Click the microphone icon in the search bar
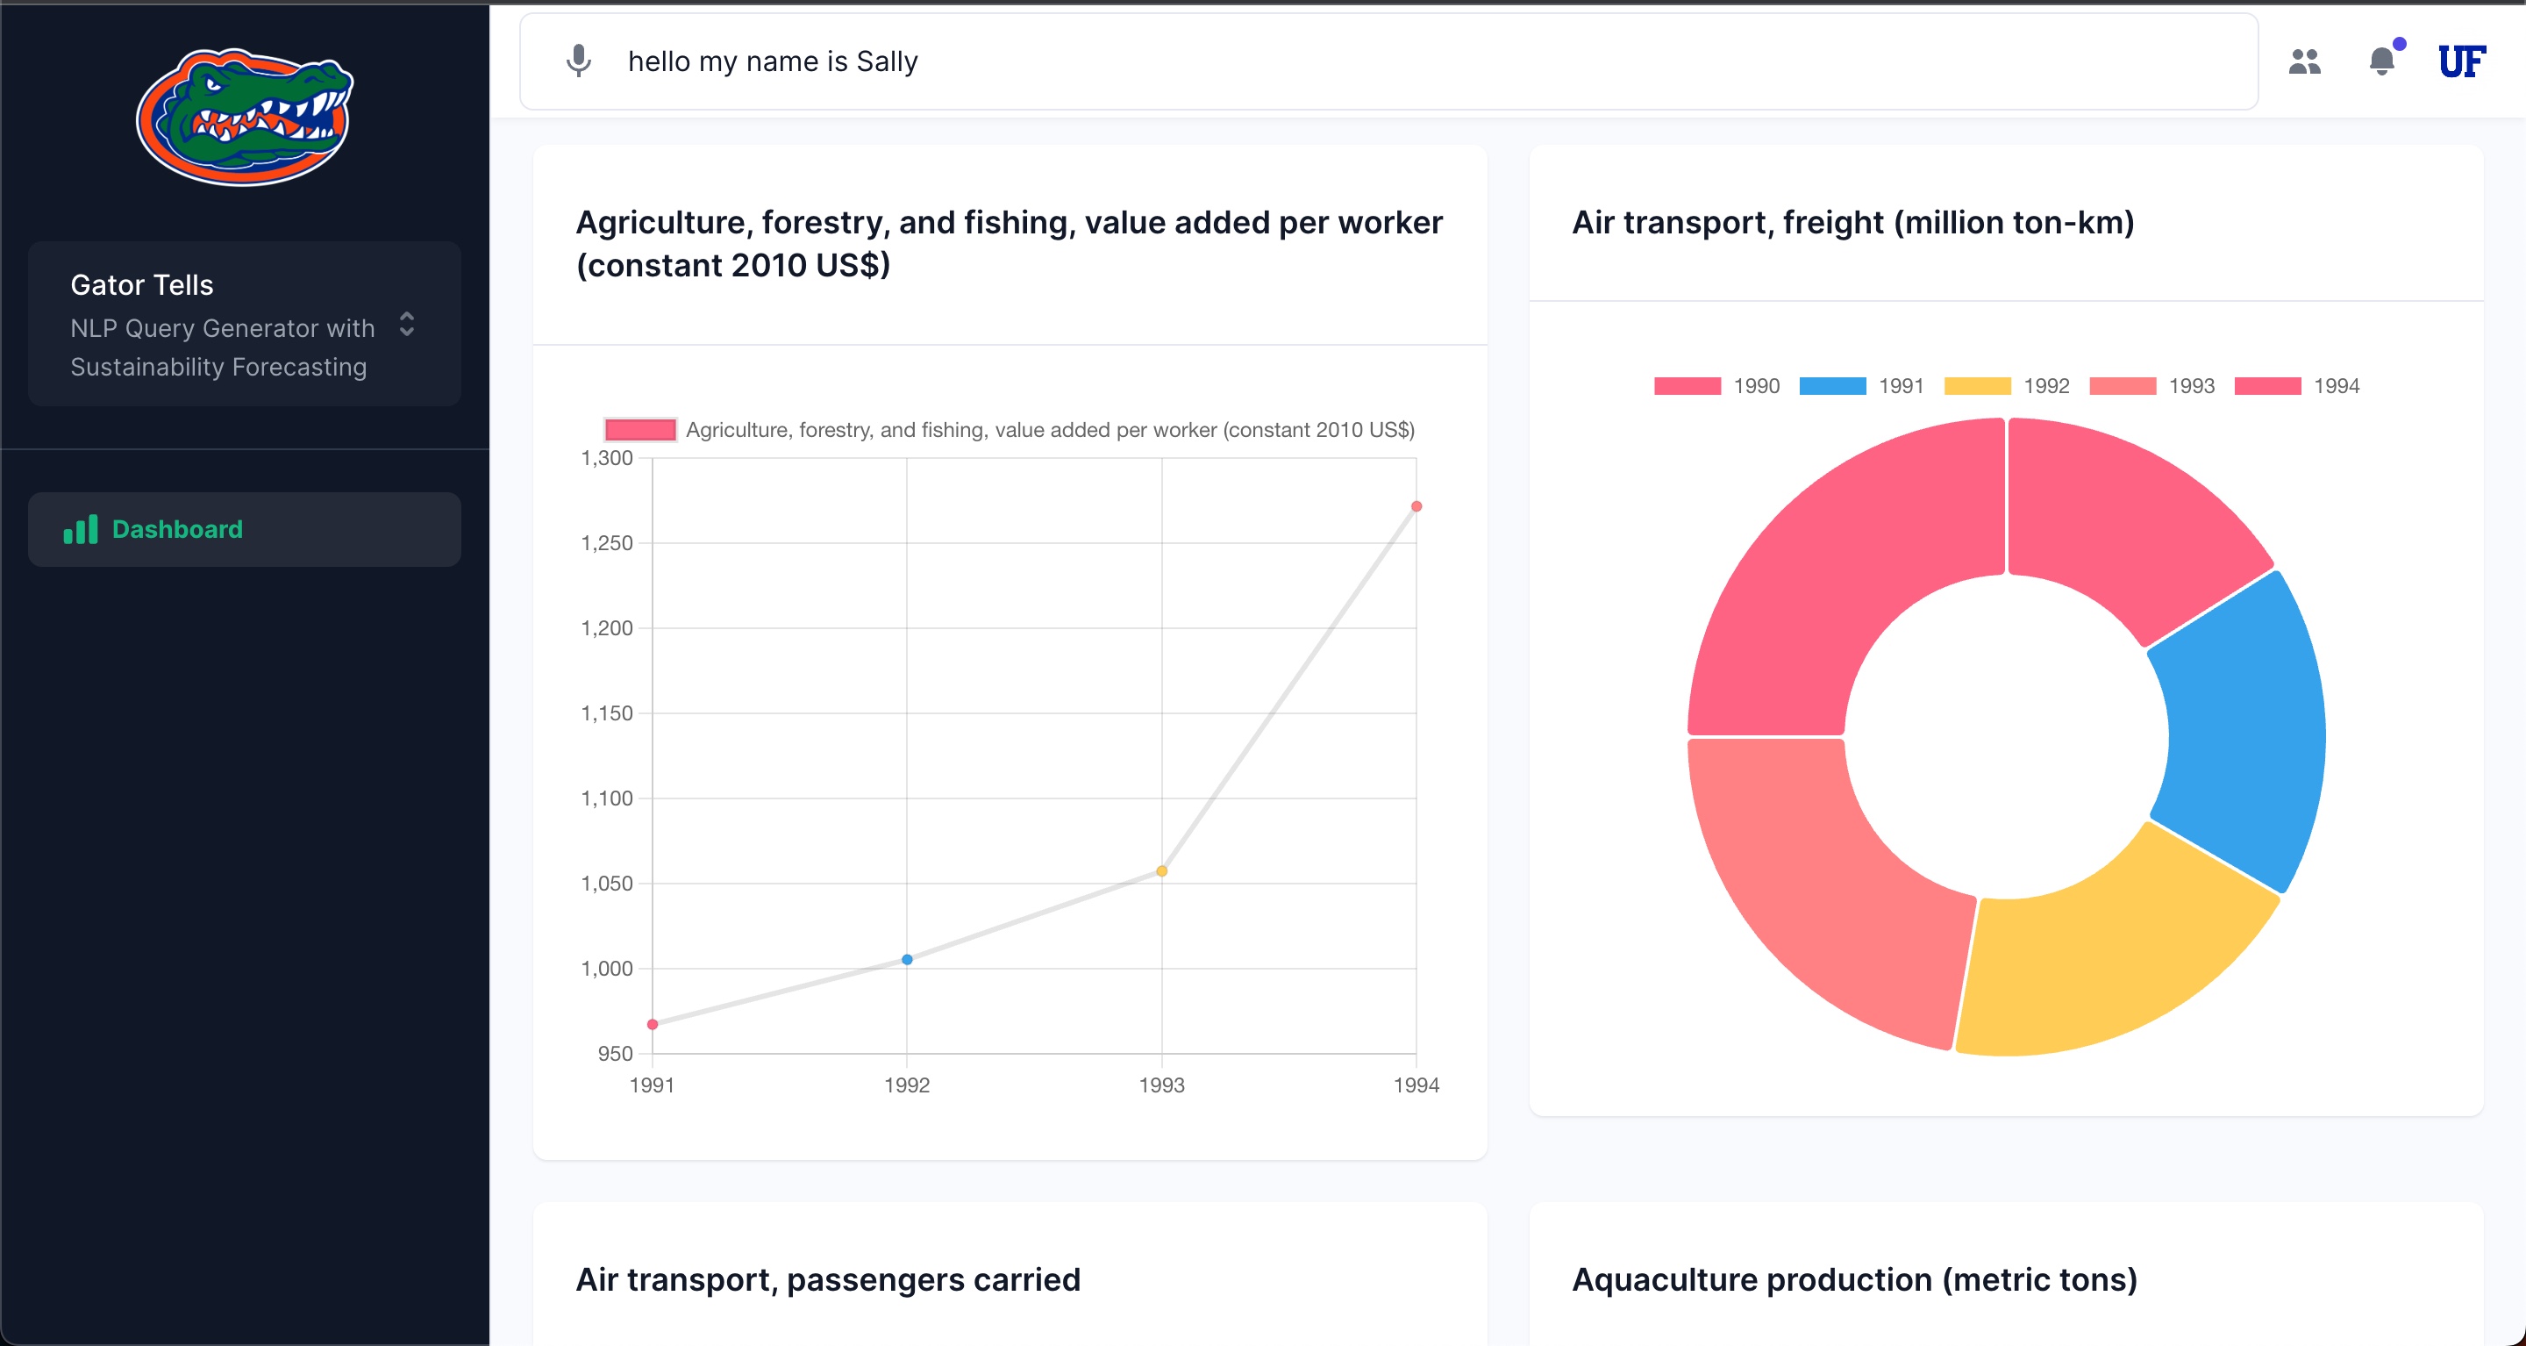(x=579, y=61)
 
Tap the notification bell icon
(x=2382, y=61)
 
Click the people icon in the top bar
(x=2304, y=61)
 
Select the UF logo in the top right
(x=2461, y=61)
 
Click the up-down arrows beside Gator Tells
(x=407, y=324)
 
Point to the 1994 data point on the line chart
(x=1416, y=506)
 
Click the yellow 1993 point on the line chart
(x=1162, y=871)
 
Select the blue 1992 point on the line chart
(x=907, y=959)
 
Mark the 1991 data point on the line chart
(x=652, y=1024)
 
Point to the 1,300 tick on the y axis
(x=607, y=458)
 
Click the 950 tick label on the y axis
(x=615, y=1054)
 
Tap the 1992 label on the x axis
(x=907, y=1085)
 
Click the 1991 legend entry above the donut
(x=1862, y=385)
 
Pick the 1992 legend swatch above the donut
(x=1977, y=385)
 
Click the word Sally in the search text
(x=887, y=61)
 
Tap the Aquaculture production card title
(x=1854, y=1279)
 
